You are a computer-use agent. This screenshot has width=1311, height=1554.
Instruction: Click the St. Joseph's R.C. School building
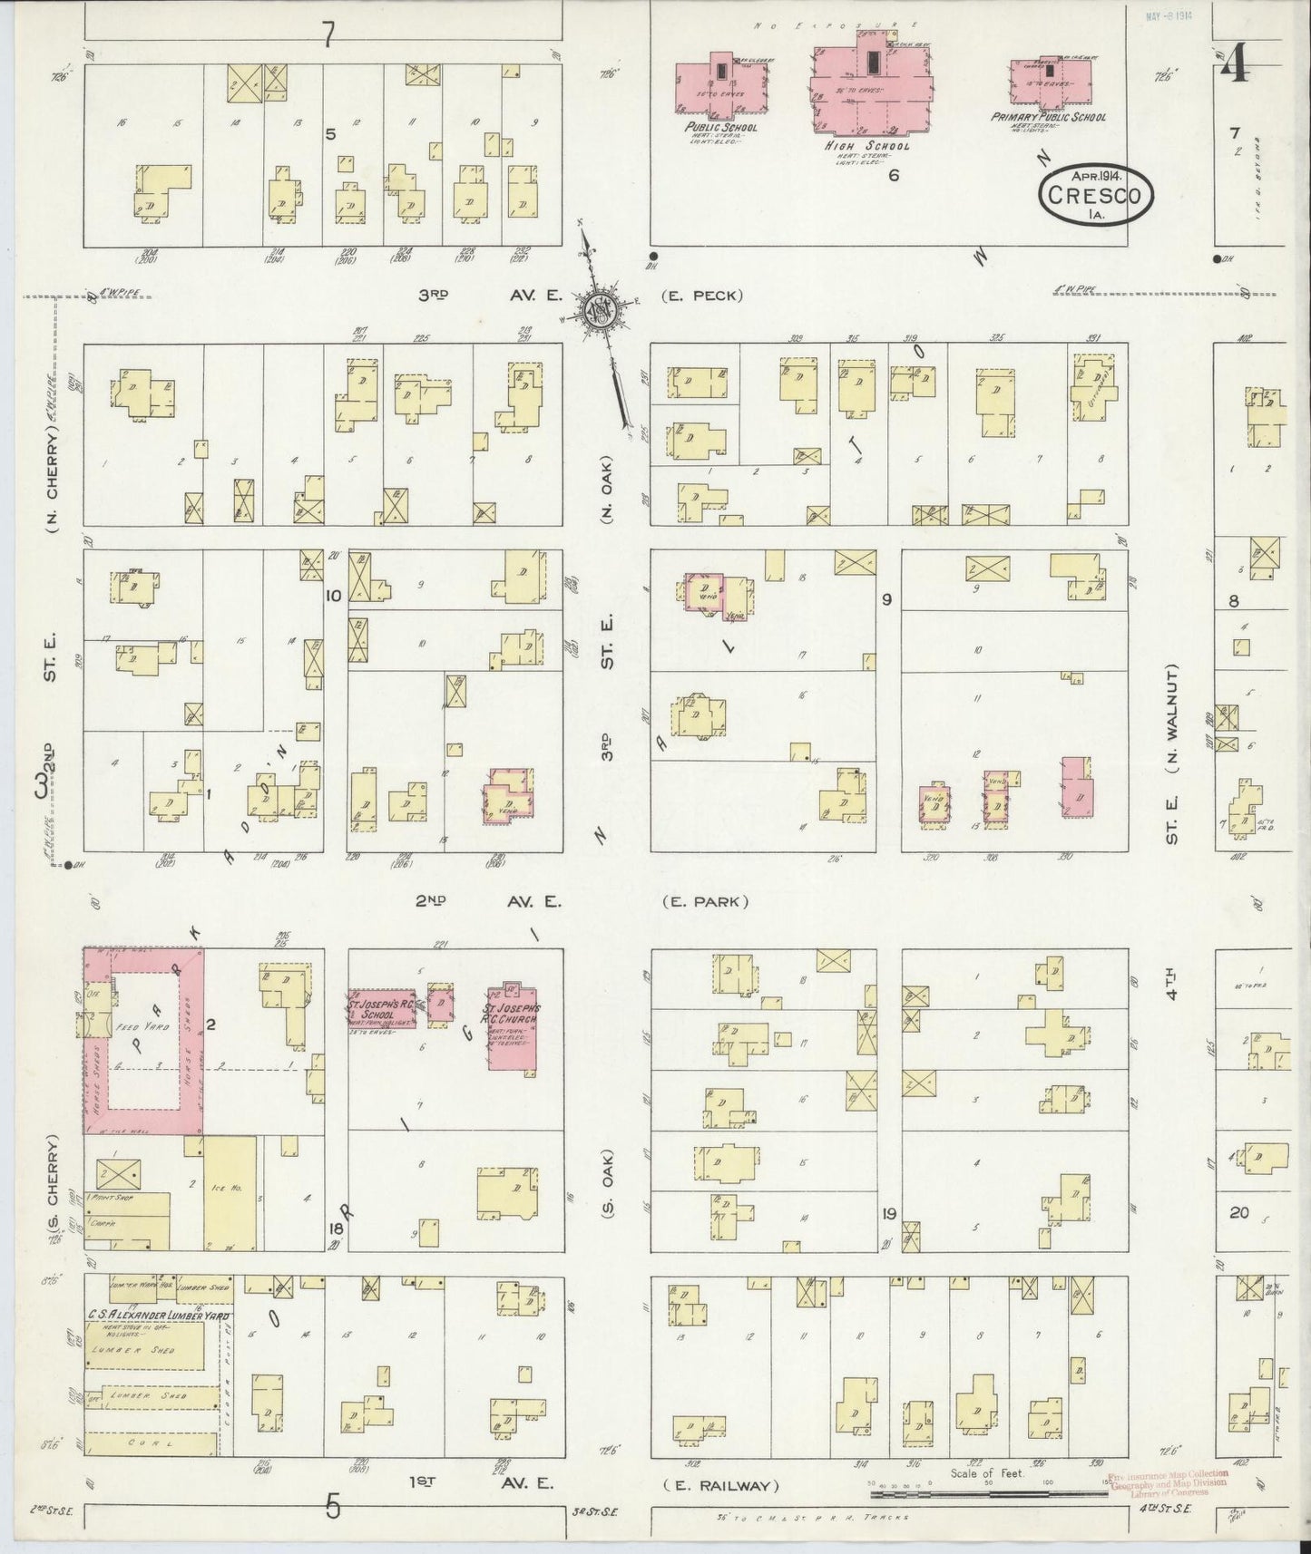(381, 1006)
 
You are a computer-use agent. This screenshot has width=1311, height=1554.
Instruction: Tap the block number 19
(888, 1213)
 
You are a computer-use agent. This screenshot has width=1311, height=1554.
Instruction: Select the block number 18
(335, 1229)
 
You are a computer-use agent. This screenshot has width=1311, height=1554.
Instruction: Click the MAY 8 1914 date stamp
(1168, 15)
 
